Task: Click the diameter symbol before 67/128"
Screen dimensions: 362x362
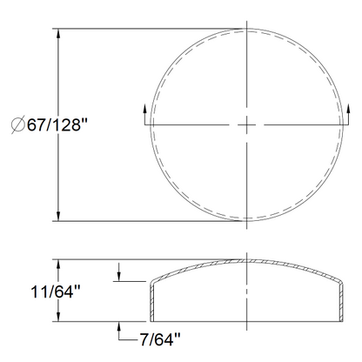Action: click(x=17, y=125)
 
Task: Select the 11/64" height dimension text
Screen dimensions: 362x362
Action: click(x=56, y=292)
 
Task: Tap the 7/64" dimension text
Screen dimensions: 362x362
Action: click(x=160, y=339)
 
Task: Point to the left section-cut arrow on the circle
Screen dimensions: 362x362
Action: click(x=144, y=115)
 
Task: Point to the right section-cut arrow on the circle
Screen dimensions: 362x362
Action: click(x=348, y=115)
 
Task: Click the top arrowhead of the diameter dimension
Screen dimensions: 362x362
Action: click(x=58, y=33)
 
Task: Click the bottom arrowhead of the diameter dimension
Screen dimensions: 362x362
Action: click(x=58, y=216)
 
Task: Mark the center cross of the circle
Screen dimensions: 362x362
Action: click(x=246, y=125)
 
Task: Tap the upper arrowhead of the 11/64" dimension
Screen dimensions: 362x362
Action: click(x=58, y=265)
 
